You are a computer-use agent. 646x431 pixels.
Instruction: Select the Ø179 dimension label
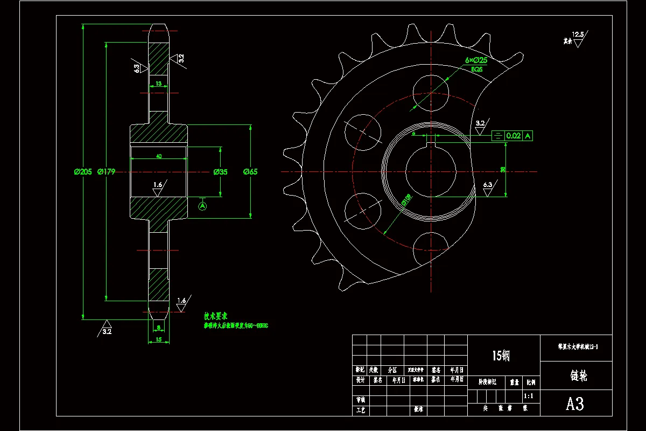point(107,172)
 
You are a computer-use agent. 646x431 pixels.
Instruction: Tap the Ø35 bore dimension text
point(221,172)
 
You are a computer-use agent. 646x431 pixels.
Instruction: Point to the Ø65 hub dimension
point(250,172)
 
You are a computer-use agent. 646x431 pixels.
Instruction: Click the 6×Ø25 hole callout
point(476,61)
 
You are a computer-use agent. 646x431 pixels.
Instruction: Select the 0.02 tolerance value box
point(514,136)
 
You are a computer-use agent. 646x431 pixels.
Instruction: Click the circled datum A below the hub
point(203,205)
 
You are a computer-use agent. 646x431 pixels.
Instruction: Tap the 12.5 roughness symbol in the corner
point(578,35)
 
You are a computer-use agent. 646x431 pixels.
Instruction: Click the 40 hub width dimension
point(159,156)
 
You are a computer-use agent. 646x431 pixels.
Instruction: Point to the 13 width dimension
point(158,84)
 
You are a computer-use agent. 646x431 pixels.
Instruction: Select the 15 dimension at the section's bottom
point(158,339)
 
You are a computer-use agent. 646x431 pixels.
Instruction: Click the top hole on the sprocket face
point(431,87)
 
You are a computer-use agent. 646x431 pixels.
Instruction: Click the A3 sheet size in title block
point(575,404)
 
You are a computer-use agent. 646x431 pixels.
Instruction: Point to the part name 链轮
point(575,376)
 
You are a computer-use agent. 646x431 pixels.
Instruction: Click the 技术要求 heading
point(215,316)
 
